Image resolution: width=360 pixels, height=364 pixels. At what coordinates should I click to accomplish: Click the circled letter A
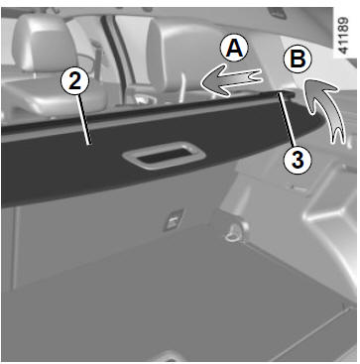(234, 49)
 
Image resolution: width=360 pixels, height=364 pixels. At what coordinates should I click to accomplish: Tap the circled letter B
(298, 60)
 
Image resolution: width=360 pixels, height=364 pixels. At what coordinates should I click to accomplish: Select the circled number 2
(75, 81)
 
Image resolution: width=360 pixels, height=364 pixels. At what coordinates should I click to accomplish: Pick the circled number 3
(298, 161)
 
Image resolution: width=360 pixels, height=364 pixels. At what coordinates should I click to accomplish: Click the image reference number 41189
(344, 36)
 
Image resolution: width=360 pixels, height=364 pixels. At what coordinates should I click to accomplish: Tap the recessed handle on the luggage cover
(165, 156)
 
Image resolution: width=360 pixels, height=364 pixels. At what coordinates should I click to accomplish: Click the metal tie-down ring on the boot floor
(234, 232)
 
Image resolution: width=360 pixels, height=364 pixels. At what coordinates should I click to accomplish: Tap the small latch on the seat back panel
(174, 219)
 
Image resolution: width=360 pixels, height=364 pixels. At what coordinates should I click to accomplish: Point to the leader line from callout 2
(82, 120)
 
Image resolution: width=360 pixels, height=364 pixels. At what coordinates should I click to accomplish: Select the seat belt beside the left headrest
(96, 60)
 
